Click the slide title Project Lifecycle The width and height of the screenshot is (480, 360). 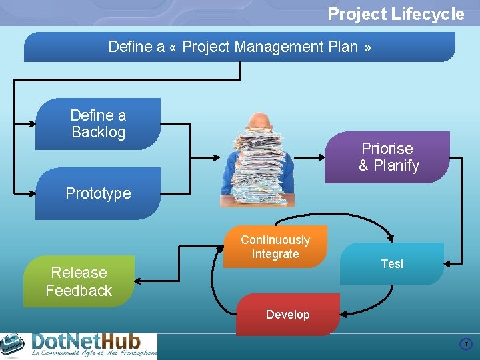coord(395,14)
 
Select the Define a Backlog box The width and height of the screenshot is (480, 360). coord(98,124)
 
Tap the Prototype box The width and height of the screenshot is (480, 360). coord(98,194)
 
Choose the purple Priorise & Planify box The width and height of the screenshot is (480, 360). coord(388,157)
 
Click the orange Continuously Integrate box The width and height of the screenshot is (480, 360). coord(275,247)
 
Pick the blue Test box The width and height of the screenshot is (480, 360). coord(392,264)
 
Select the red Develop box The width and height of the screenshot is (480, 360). coord(287,315)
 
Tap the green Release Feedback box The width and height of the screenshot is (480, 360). coord(79,281)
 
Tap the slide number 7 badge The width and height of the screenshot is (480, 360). coord(466,345)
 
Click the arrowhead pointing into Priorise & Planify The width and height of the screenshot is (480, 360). coord(321,158)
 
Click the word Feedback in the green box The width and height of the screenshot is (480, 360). coord(79,291)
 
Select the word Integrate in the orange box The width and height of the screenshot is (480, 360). coord(275,254)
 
